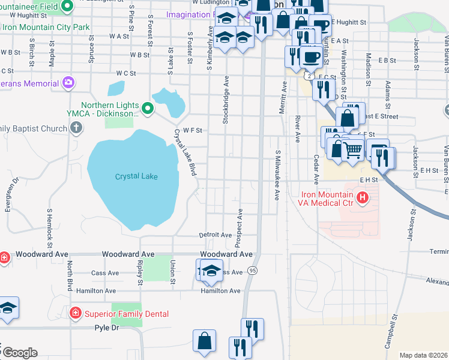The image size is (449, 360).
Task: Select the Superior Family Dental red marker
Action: click(x=75, y=313)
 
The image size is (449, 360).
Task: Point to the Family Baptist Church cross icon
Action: click(x=76, y=128)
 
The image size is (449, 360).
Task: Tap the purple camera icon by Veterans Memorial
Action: click(x=69, y=82)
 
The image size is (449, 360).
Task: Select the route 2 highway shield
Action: click(x=308, y=76)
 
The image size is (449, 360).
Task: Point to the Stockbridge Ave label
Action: click(x=226, y=100)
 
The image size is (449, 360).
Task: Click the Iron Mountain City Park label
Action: click(x=46, y=27)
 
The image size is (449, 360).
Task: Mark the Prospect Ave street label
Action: click(x=240, y=228)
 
